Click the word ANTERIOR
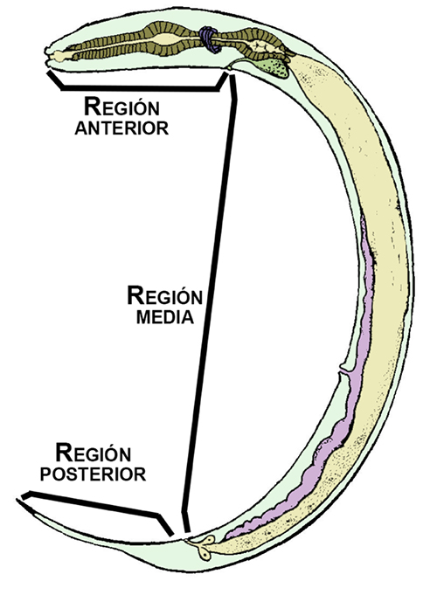(121, 128)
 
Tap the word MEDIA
(165, 317)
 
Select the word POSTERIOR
(93, 474)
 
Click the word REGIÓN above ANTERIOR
(121, 107)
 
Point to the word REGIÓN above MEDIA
(165, 295)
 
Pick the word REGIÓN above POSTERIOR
(94, 453)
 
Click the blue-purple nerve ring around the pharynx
(209, 39)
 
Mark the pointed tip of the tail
(17, 500)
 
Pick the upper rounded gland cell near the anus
(209, 540)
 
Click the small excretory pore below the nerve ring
(229, 68)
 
